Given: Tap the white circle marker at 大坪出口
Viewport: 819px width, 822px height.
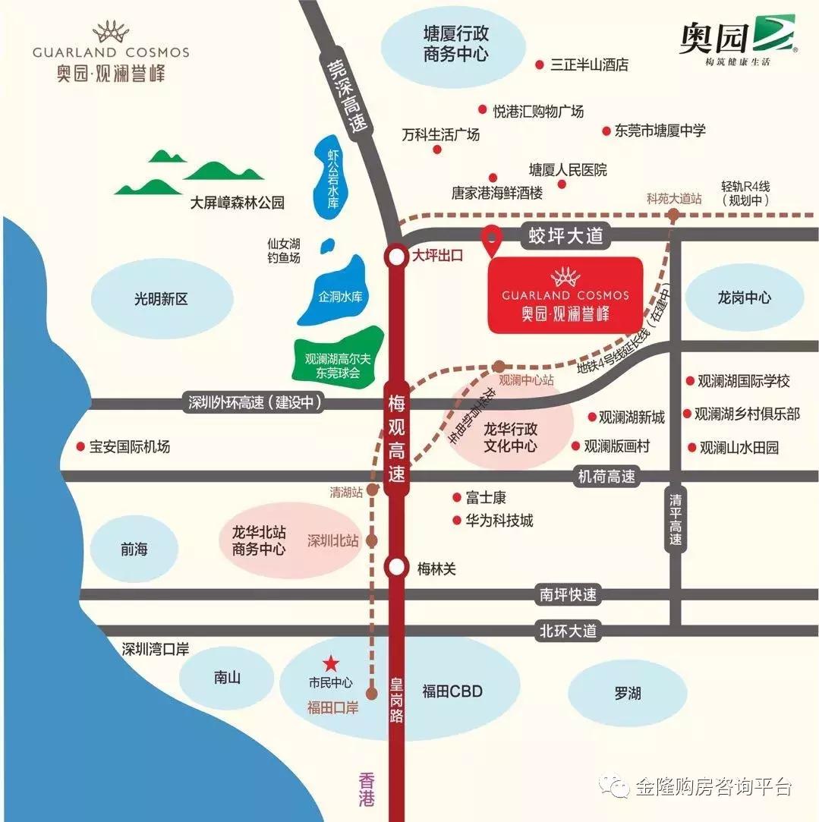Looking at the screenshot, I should click(x=396, y=257).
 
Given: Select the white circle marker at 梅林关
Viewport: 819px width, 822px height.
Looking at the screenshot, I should click(x=396, y=567).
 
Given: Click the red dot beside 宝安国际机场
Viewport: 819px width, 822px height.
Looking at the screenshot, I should click(x=79, y=447).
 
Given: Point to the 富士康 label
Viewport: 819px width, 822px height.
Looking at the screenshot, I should click(x=486, y=498).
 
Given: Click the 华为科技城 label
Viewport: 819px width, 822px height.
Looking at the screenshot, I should click(x=499, y=521).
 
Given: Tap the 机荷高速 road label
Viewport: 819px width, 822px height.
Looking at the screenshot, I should click(x=606, y=477).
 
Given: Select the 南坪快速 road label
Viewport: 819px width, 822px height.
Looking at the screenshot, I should click(x=569, y=595).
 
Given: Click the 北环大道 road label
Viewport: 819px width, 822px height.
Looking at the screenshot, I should click(x=569, y=630).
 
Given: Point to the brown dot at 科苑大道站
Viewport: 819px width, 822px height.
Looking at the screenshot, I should click(x=673, y=216).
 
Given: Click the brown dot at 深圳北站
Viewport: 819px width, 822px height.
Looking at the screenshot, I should click(x=372, y=541).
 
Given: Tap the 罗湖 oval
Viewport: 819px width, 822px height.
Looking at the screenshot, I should click(x=627, y=693).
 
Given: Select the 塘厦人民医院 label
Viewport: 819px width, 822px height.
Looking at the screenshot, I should click(x=568, y=170).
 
